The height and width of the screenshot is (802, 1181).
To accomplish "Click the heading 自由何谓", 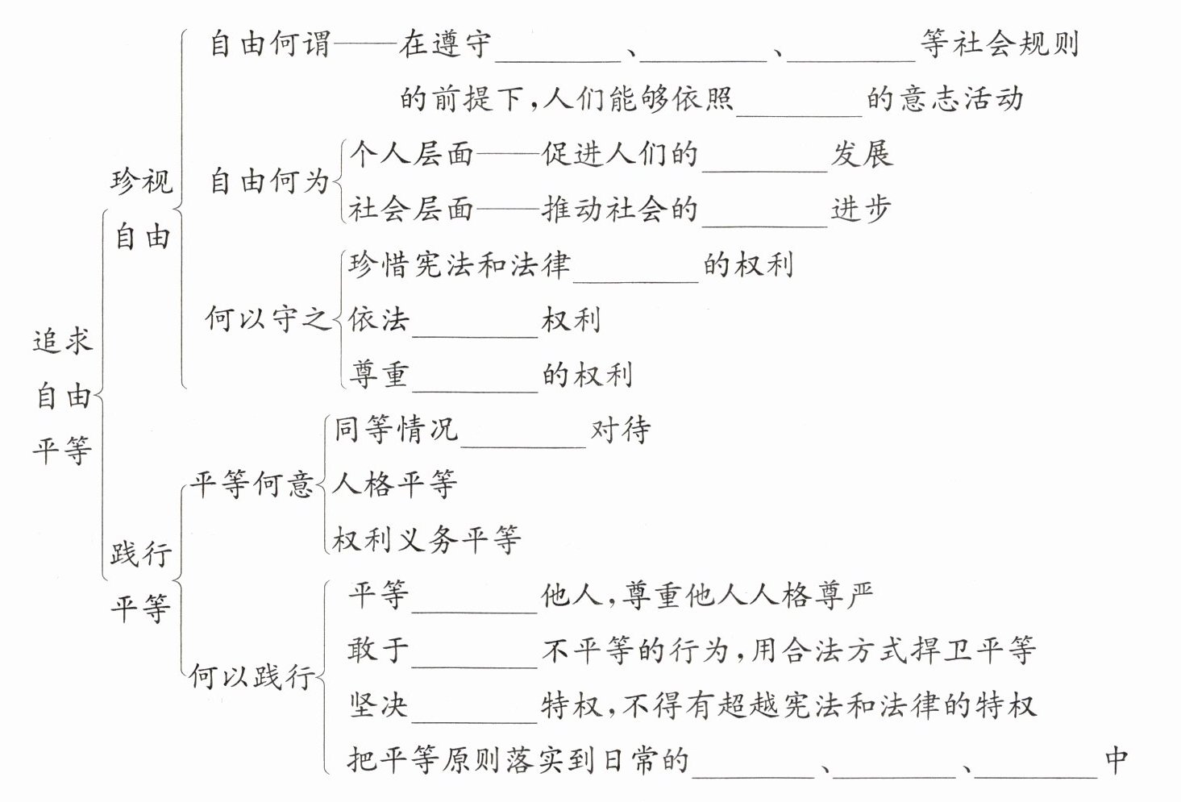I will click(x=270, y=44).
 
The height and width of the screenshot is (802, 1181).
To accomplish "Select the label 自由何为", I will click(x=270, y=181).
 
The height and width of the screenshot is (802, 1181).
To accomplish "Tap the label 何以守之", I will click(x=268, y=318).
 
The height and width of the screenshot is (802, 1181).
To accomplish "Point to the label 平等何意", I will click(x=252, y=484).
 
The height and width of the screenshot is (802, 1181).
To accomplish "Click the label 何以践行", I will click(x=252, y=676).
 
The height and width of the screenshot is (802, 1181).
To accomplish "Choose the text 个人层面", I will click(x=411, y=153).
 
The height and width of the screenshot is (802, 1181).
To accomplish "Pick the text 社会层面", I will click(x=411, y=209).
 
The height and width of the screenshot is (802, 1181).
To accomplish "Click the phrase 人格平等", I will click(x=395, y=484).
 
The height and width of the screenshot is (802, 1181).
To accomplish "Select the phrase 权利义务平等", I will click(x=427, y=539).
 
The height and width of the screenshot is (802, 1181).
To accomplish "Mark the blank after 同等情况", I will click(x=524, y=434).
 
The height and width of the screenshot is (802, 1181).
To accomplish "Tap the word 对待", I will click(x=621, y=430).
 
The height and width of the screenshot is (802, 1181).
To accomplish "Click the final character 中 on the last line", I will click(x=1117, y=759).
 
